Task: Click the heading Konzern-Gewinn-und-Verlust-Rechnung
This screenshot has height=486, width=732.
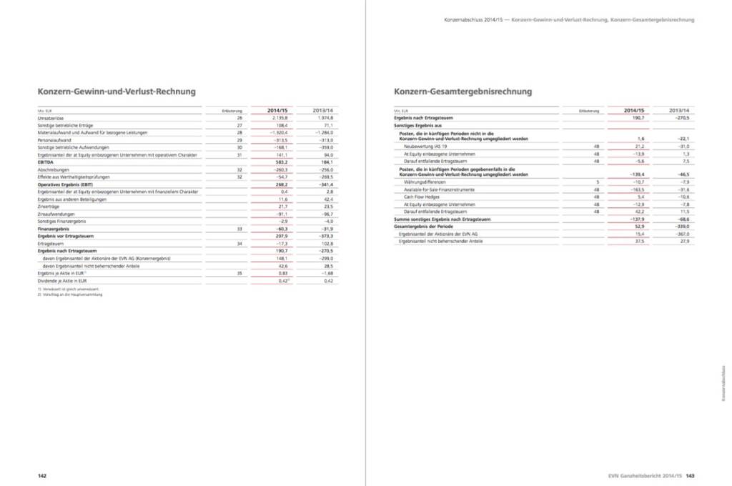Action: click(x=117, y=91)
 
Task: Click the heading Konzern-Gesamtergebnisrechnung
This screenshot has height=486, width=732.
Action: click(x=463, y=91)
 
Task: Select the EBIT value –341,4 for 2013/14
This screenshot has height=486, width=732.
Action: click(x=325, y=184)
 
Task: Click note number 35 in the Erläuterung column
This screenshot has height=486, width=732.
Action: click(x=240, y=274)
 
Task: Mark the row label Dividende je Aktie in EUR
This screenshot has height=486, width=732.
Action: click(x=62, y=281)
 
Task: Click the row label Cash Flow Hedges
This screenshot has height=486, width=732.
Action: click(x=421, y=197)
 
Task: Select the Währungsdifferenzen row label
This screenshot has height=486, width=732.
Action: click(x=425, y=182)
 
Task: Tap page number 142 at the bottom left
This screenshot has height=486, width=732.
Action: click(x=42, y=475)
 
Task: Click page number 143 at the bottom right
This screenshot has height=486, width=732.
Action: click(x=691, y=475)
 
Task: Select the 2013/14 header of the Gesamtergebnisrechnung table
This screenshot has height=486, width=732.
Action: click(x=679, y=110)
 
